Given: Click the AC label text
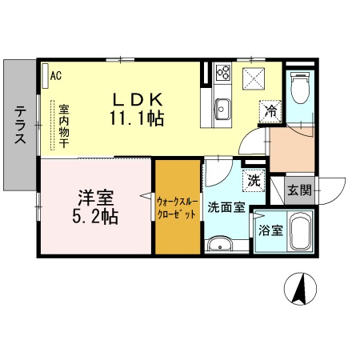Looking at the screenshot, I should point(56,76).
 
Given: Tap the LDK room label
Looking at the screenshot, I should point(137,99).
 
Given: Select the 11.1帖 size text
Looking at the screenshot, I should point(137,118).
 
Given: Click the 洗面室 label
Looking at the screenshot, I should point(225,206).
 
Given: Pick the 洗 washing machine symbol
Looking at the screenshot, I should point(253,180).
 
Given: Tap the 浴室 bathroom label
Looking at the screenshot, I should point(269,230).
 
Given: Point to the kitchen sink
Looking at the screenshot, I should point(222,106).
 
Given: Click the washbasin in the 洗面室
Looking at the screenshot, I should point(218,244).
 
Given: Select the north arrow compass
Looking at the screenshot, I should point(302,290).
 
